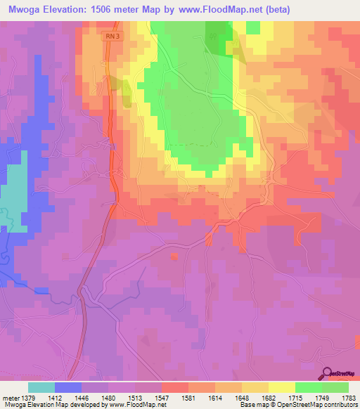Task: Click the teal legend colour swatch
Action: [x=41, y=387]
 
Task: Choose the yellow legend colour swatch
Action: [x=281, y=387]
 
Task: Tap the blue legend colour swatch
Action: [x=68, y=387]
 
